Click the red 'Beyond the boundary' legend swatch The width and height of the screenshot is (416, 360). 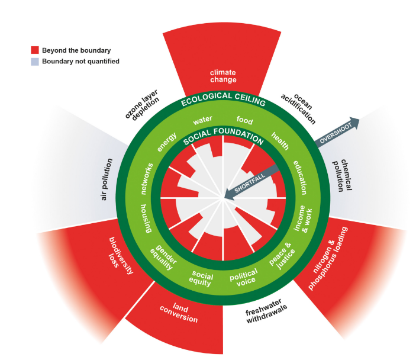point(35,51)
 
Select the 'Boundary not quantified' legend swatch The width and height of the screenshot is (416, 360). point(35,61)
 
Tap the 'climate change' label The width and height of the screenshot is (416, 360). point(223,76)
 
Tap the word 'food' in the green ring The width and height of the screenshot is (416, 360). point(244,120)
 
